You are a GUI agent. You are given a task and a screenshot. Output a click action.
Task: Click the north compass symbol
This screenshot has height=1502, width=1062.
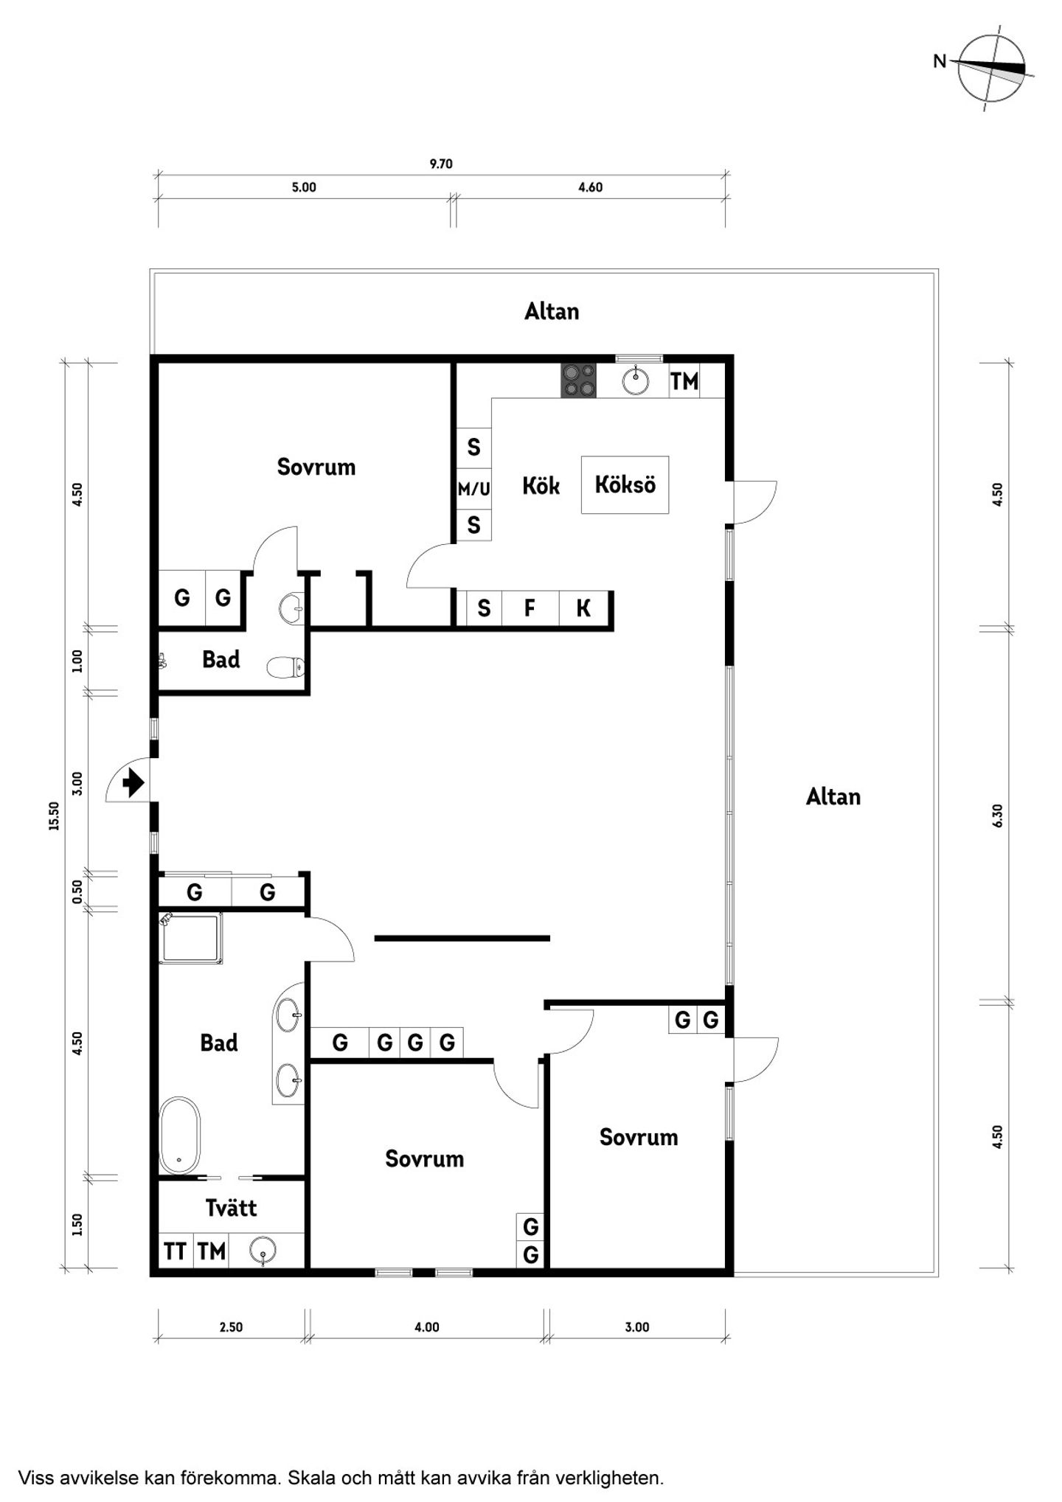990,69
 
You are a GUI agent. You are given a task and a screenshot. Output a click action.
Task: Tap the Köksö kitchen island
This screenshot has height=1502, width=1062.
625,484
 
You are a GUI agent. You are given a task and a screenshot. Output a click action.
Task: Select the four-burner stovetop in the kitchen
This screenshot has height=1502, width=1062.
579,380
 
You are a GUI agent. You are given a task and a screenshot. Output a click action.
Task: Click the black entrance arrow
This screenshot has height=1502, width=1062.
133,782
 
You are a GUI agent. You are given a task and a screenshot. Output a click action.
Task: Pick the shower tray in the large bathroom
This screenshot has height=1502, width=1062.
190,938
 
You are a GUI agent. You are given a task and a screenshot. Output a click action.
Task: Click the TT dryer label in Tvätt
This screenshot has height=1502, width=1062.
175,1251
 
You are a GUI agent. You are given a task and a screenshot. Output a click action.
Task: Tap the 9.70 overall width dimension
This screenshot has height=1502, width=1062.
441,164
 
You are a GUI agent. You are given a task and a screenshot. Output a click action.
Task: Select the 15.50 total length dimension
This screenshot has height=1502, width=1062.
54,816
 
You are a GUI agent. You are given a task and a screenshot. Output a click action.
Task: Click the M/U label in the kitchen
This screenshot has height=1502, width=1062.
473,489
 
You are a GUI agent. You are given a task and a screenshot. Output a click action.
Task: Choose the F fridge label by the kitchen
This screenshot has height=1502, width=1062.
530,608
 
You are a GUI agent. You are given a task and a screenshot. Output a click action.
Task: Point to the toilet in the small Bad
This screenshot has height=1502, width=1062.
285,668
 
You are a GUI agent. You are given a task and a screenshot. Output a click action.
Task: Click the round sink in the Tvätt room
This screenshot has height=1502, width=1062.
263,1251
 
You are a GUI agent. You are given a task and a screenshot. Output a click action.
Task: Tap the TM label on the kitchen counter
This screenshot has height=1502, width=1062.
684,381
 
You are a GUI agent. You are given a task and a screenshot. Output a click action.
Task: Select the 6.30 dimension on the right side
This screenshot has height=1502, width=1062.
998,816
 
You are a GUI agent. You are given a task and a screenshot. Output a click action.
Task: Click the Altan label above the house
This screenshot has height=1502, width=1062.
552,311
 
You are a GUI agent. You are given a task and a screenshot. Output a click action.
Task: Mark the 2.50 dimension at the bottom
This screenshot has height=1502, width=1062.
231,1327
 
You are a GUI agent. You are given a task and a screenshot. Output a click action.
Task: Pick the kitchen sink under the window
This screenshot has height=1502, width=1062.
635,381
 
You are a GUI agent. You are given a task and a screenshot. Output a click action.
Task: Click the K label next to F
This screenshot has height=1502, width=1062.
583,608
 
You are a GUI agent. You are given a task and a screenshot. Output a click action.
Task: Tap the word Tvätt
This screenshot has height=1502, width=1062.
231,1208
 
